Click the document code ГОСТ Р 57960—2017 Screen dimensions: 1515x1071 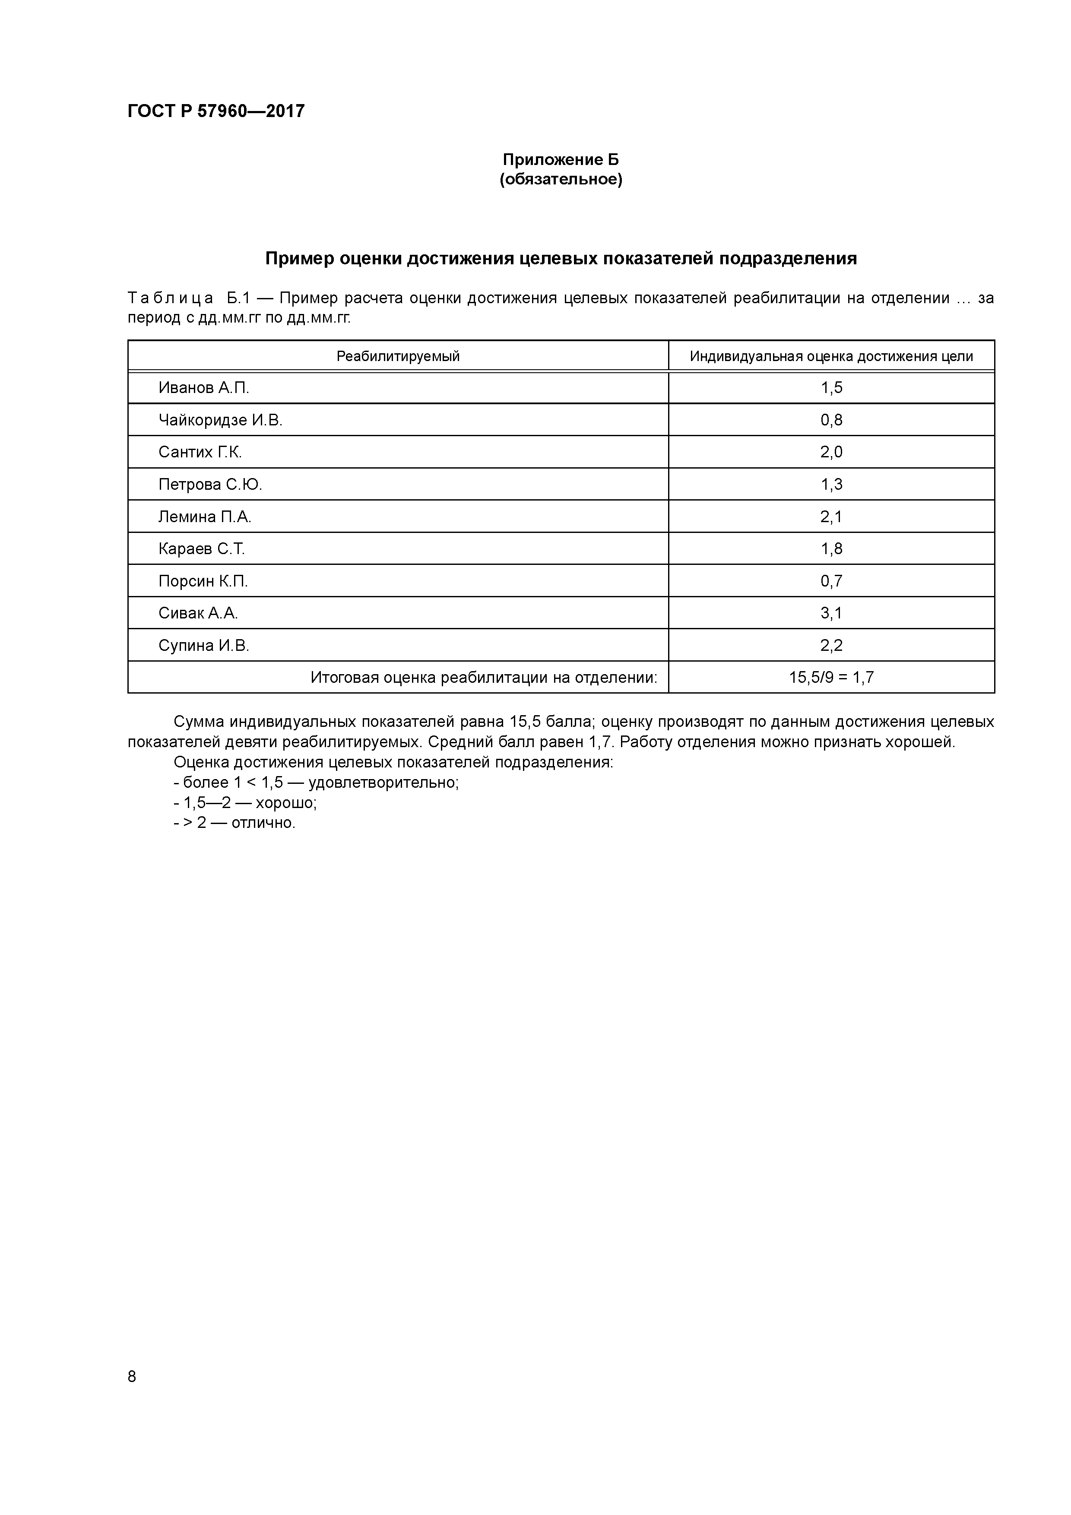216,111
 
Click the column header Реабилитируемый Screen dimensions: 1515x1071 398,356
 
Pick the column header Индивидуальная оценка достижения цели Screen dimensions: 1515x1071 831,356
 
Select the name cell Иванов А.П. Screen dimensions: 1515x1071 203,388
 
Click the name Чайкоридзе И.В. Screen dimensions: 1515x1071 220,420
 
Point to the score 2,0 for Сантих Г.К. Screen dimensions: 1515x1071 831,452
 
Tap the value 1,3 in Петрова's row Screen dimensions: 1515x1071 831,484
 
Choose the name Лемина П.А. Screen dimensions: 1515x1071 205,517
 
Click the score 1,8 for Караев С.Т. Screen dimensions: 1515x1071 831,549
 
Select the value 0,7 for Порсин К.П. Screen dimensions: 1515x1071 831,581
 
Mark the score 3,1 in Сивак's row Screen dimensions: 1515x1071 831,613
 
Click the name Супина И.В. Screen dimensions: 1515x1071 203,645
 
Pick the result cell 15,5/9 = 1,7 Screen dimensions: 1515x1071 831,678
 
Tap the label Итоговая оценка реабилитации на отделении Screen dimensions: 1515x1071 484,678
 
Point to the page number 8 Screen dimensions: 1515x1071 132,1376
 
